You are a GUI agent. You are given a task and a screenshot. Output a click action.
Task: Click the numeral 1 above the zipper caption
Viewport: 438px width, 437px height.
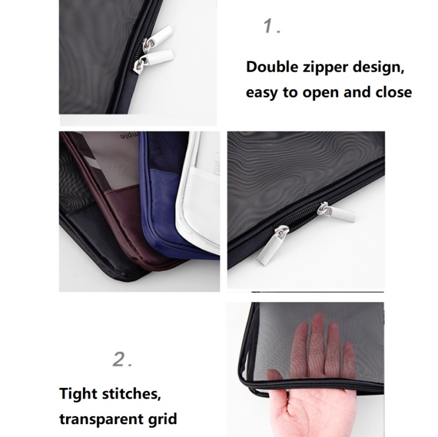pyautogui.click(x=269, y=26)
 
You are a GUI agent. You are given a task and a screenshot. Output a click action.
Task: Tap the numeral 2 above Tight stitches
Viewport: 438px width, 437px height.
pyautogui.click(x=120, y=359)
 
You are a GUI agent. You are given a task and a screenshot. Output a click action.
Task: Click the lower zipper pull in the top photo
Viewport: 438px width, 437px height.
pyautogui.click(x=153, y=61)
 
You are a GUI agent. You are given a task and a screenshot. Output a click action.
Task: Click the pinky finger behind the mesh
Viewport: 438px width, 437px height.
pyautogui.click(x=349, y=360)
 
